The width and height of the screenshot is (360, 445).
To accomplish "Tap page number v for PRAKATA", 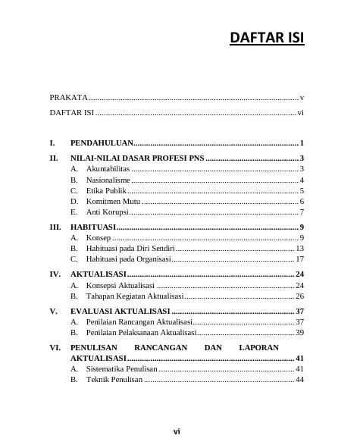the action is pyautogui.click(x=302, y=98).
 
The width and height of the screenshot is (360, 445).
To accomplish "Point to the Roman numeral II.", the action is pyautogui.click(x=54, y=158).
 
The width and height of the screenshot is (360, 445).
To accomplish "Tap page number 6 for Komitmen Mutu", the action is pyautogui.click(x=302, y=202).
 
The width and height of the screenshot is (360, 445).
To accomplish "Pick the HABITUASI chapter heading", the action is pyautogui.click(x=92, y=227).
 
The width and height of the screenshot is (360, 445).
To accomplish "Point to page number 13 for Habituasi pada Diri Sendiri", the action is pyautogui.click(x=300, y=249).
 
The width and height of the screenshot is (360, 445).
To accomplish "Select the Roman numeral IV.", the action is pyautogui.click(x=55, y=274).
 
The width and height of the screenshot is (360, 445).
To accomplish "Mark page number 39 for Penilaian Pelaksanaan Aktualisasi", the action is pyautogui.click(x=300, y=333).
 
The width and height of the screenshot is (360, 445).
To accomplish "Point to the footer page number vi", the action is pyautogui.click(x=177, y=431).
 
